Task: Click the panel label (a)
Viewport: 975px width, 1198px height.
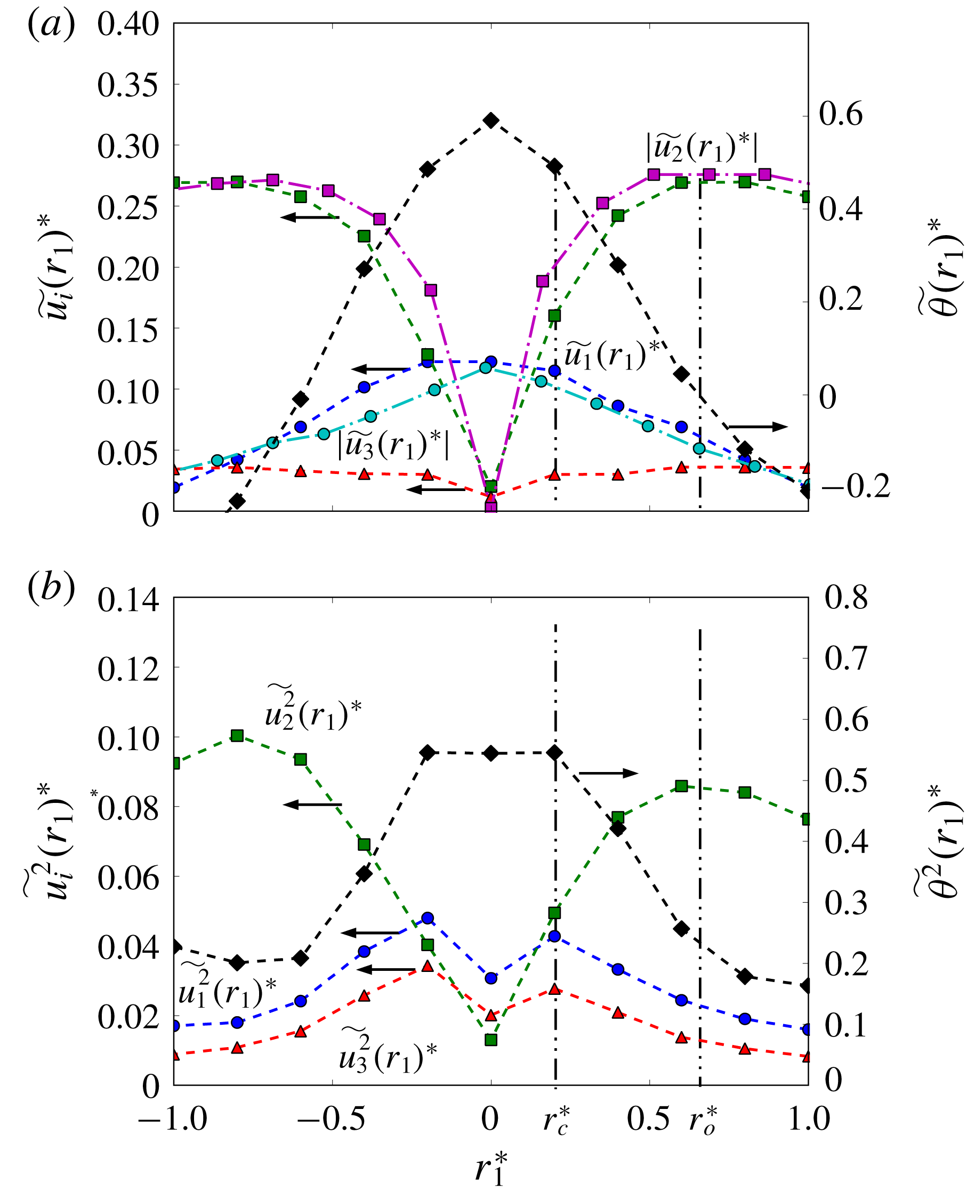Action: pos(51,26)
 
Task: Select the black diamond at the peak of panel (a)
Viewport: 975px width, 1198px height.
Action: pos(491,120)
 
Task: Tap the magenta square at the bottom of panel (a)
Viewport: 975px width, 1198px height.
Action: pos(491,507)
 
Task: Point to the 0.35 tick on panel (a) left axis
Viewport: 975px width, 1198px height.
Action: pos(127,85)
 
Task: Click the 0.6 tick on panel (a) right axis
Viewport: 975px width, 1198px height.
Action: pos(840,114)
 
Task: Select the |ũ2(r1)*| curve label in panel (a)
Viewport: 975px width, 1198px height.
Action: pos(702,148)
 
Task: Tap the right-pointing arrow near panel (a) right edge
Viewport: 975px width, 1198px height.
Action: pos(758,427)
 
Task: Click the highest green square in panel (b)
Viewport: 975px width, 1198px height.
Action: pos(237,736)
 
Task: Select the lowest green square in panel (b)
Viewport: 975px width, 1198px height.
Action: pos(491,1040)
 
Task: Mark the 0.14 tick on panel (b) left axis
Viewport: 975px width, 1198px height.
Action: pos(127,600)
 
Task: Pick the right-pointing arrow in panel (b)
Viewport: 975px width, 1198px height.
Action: pos(608,774)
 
